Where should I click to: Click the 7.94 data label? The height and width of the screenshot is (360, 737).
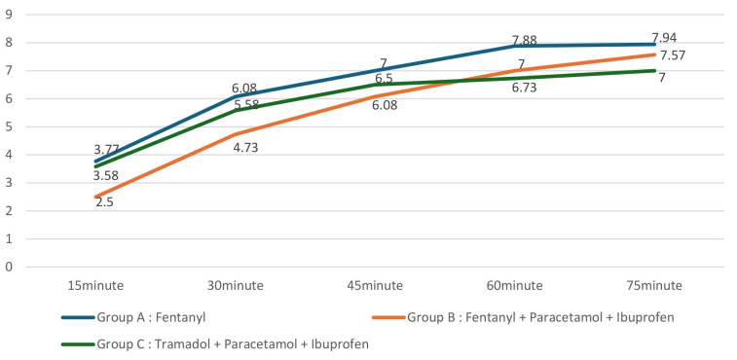665,38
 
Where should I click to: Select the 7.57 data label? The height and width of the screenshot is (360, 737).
673,55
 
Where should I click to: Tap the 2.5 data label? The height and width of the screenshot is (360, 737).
105,202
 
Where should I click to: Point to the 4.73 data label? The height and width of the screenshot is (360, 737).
245,148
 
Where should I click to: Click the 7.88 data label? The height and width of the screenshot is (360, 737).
525,41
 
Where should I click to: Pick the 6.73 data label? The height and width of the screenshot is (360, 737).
525,88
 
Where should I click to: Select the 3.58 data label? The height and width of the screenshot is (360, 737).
106,176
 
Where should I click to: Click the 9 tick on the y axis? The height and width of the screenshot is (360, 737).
9,15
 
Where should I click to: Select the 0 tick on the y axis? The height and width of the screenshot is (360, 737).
9,267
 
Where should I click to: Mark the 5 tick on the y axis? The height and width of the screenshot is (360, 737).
9,126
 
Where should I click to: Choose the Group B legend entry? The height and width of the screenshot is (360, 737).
526,317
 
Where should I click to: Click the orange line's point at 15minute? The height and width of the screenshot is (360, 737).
95,198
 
